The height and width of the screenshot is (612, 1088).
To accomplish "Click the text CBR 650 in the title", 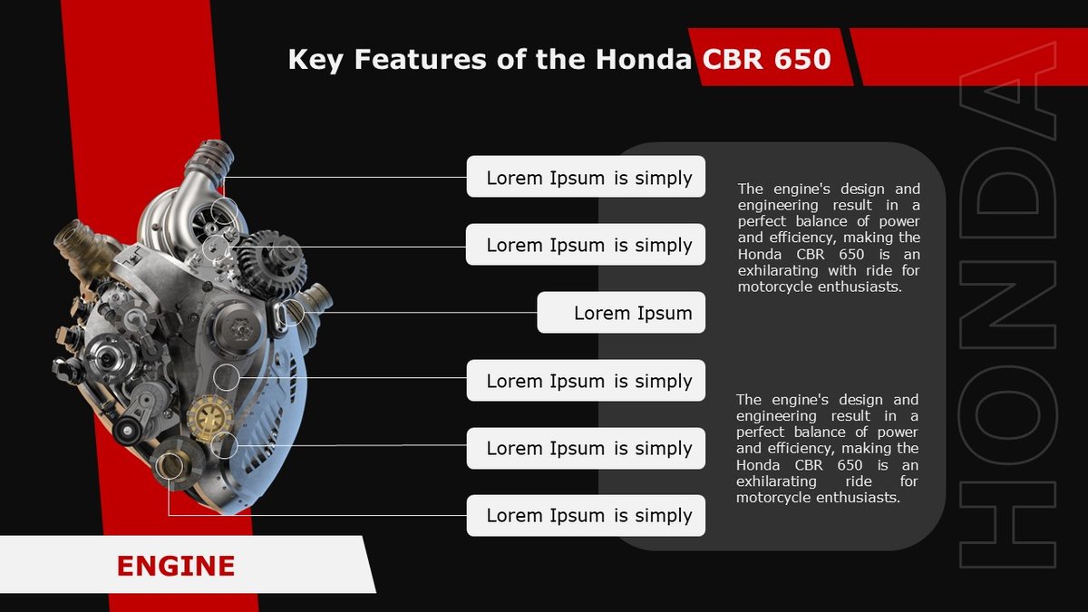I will click(x=767, y=60).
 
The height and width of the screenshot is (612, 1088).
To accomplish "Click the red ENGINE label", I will click(x=176, y=567).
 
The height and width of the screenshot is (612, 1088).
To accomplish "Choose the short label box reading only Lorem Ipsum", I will click(x=621, y=313).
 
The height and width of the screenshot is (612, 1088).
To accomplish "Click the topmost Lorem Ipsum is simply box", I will click(x=586, y=177).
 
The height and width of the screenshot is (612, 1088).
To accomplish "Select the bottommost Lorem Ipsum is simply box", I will click(x=586, y=515).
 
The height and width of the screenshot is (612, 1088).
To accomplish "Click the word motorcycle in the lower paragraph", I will click(x=768, y=498).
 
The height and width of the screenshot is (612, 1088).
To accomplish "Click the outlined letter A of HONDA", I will click(x=1008, y=100).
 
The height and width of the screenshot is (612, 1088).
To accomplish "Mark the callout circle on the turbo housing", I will click(x=224, y=214).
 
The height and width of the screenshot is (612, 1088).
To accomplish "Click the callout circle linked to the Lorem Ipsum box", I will click(x=294, y=313).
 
